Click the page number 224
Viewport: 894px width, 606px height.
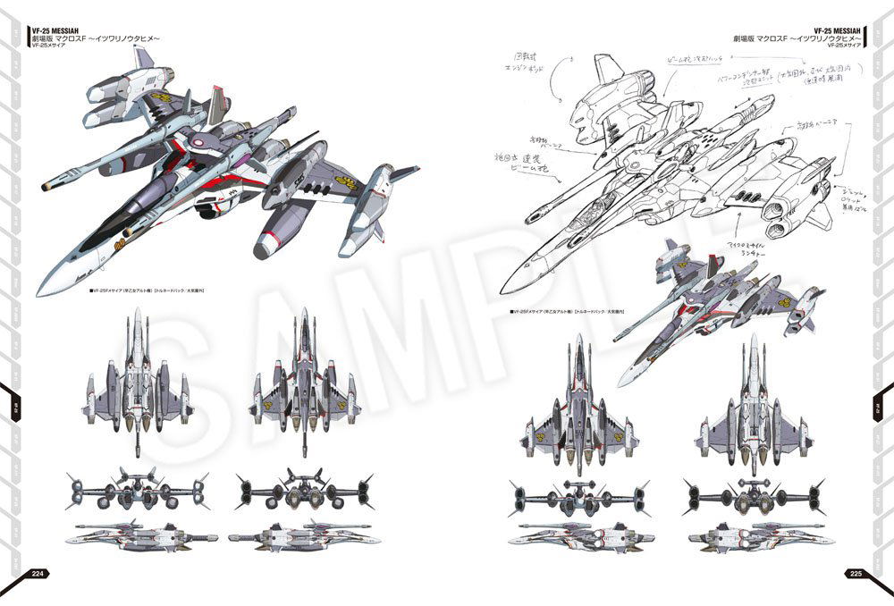(38, 574)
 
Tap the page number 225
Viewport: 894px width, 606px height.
(855, 574)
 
